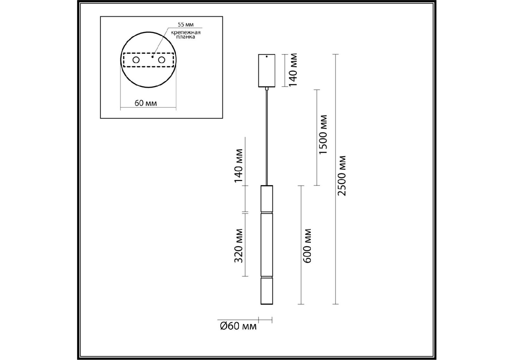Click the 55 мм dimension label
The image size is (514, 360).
[186, 25]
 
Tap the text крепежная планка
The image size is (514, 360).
[186, 34]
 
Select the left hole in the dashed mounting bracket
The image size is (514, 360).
[136, 60]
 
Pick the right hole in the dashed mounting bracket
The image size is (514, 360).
[162, 60]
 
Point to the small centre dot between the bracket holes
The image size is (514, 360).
[152, 56]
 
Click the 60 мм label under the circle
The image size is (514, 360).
[146, 103]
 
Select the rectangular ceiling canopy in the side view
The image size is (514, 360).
[266, 70]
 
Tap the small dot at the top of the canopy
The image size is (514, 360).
[266, 56]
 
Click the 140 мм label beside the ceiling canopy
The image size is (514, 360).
[293, 70]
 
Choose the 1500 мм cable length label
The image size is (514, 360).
[323, 134]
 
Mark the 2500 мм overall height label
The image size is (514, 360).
[341, 176]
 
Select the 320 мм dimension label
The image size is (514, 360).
[238, 246]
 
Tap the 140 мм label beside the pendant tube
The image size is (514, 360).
[238, 166]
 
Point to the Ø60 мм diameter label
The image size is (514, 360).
[238, 326]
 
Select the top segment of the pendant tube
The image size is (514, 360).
[267, 199]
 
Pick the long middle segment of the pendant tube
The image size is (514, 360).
[267, 244]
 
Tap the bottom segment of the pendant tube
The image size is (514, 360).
[267, 291]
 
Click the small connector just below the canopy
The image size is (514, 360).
[266, 88]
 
